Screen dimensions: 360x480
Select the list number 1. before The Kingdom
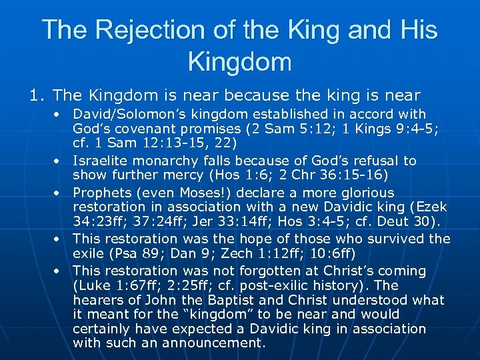point(37,96)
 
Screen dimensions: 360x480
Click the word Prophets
point(102,193)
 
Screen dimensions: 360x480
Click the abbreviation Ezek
point(431,207)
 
